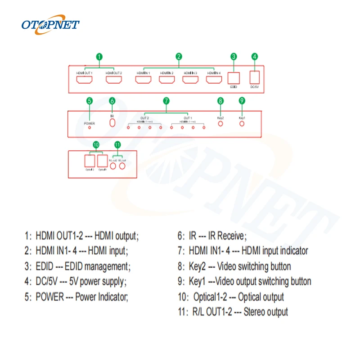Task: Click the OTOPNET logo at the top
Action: click(x=50, y=24)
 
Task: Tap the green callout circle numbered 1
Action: click(x=99, y=57)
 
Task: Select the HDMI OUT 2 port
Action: click(x=114, y=80)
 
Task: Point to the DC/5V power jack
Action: click(x=255, y=77)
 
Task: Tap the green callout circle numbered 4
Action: click(x=255, y=57)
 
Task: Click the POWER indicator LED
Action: click(x=89, y=127)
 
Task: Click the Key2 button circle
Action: click(x=220, y=122)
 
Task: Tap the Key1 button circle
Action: click(x=242, y=122)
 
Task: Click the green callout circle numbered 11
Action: click(x=117, y=145)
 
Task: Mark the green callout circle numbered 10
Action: click(x=95, y=145)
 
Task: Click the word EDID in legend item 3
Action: click(x=45, y=266)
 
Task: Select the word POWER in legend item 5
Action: click(x=50, y=297)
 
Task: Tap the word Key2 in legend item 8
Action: click(x=197, y=266)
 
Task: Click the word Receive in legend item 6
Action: click(x=231, y=235)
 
